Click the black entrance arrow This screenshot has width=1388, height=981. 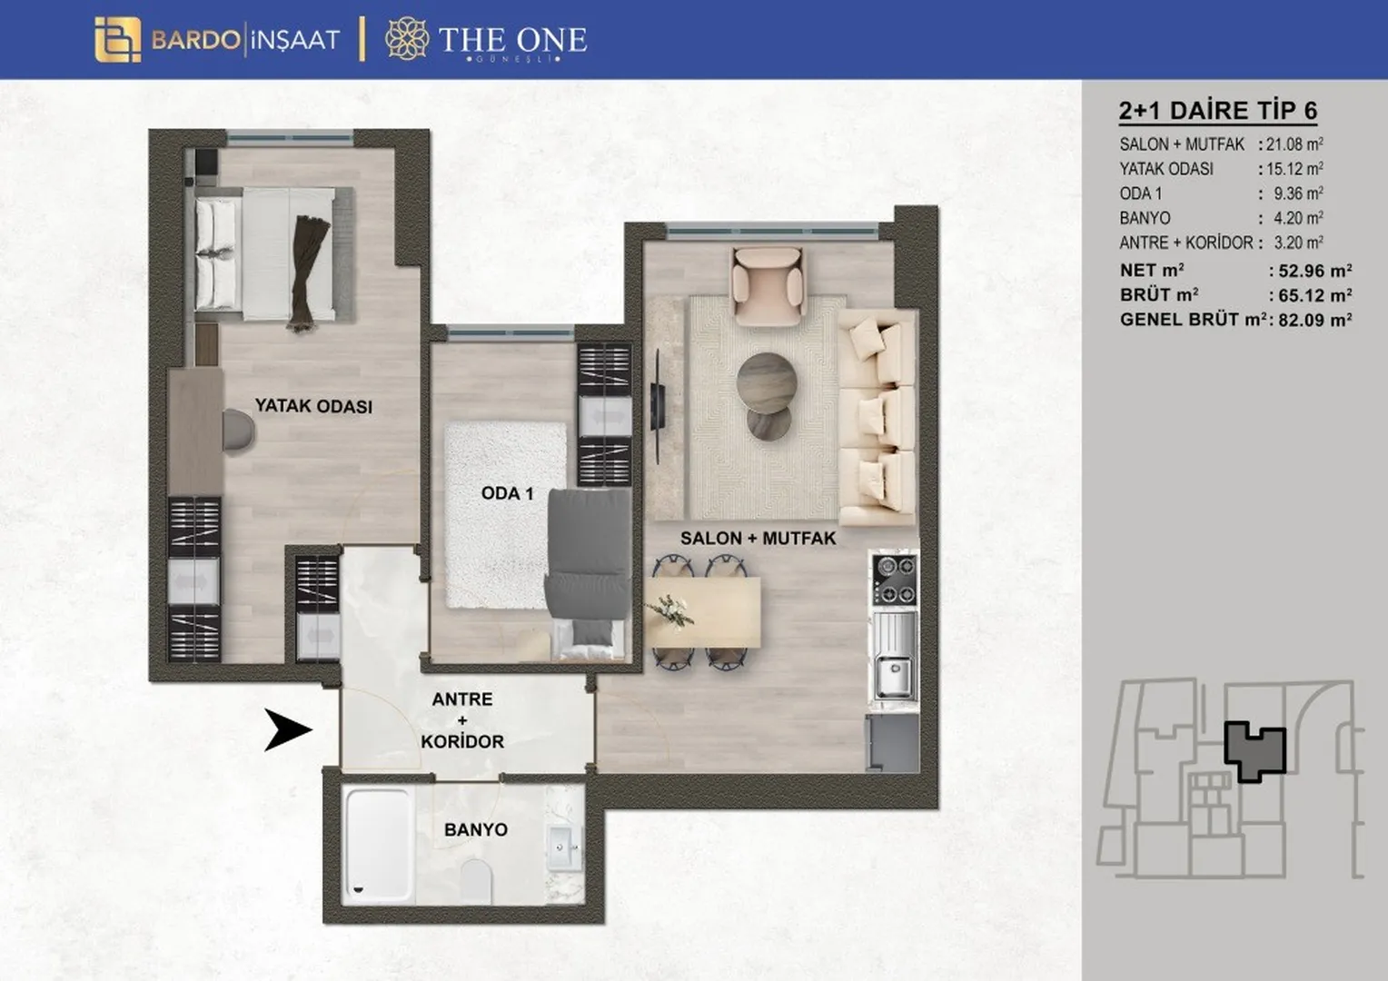[x=288, y=730]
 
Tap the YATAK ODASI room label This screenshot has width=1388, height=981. [x=313, y=407]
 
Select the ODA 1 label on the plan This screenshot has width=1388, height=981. [x=507, y=494]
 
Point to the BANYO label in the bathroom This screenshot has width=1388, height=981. [x=476, y=830]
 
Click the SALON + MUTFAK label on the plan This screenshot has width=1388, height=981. [x=758, y=539]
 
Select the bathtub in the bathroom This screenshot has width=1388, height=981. [x=378, y=844]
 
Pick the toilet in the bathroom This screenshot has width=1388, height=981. [x=477, y=880]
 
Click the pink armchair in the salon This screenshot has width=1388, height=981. [x=768, y=286]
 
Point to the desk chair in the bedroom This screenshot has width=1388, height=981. [x=239, y=431]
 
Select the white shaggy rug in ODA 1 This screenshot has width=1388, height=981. [x=506, y=515]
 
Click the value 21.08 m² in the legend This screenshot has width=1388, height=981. [x=1294, y=144]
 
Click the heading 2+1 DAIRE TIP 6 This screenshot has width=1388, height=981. [x=1218, y=111]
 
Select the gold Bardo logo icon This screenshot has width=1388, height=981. [x=118, y=40]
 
